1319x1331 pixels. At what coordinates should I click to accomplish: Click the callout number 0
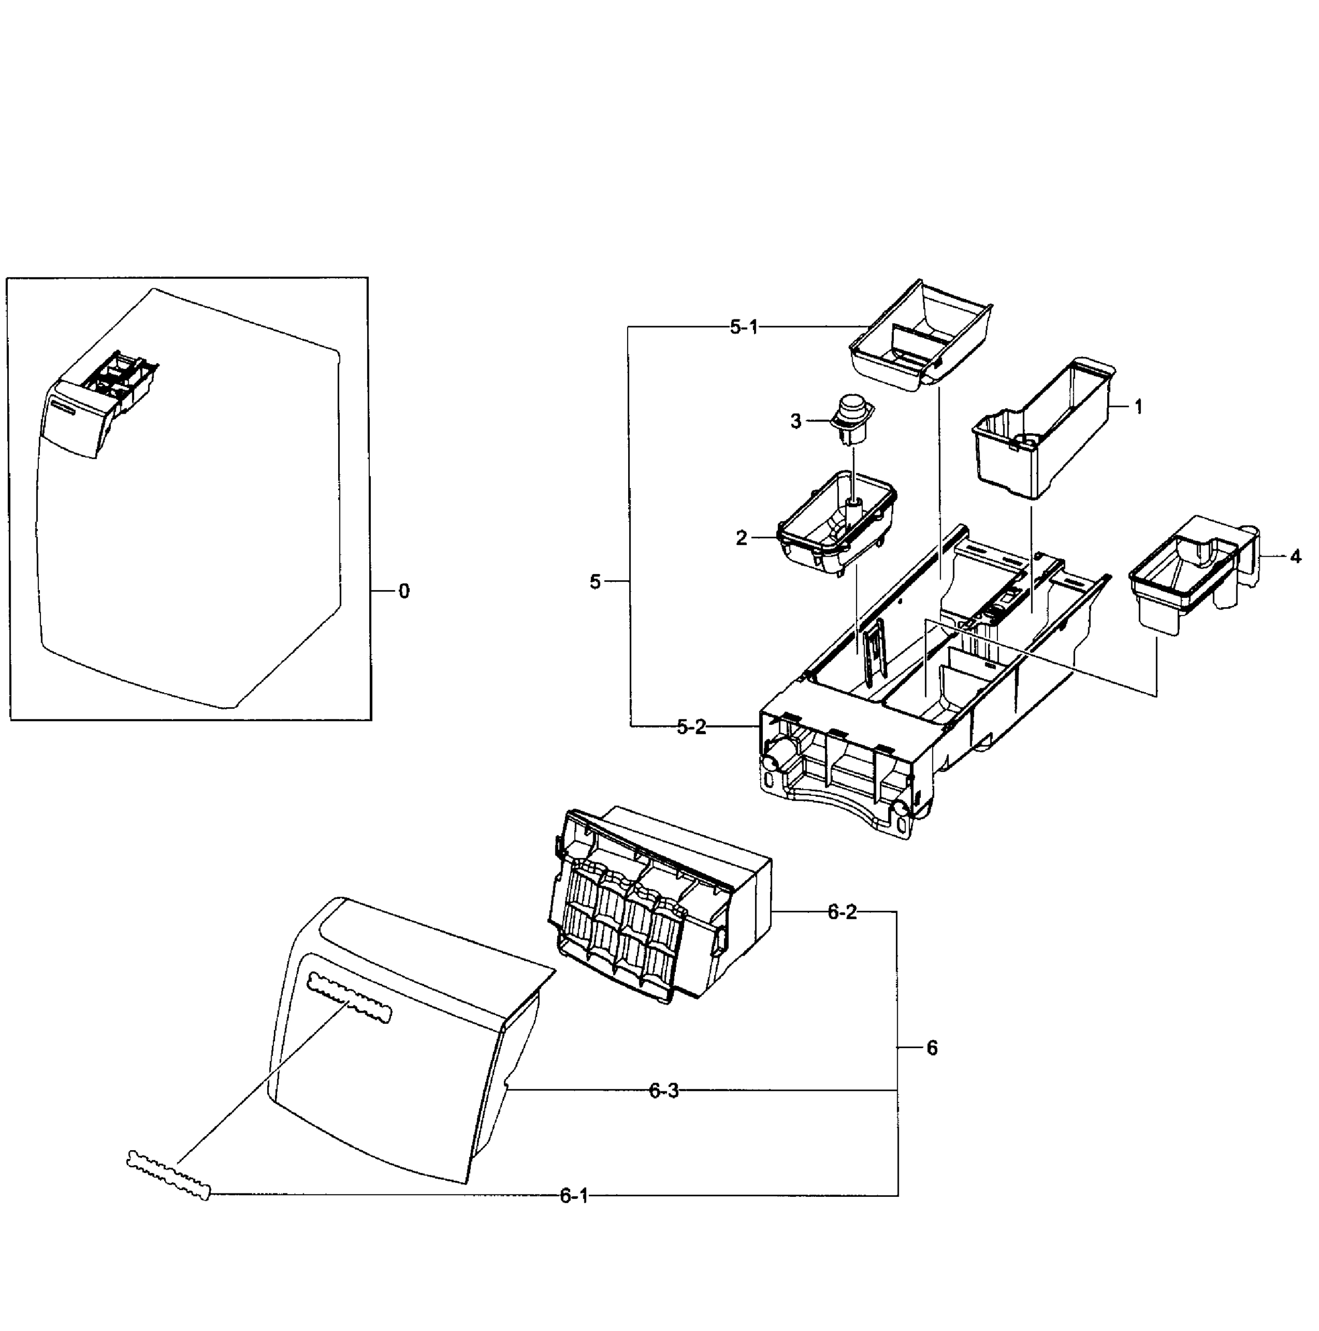pyautogui.click(x=404, y=591)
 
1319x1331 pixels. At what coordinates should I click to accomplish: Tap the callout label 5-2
pyautogui.click(x=691, y=727)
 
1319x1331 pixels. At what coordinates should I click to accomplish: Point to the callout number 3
pyautogui.click(x=796, y=421)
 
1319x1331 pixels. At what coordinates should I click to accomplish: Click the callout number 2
pyautogui.click(x=741, y=538)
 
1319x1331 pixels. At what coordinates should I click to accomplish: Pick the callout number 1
pyautogui.click(x=1138, y=407)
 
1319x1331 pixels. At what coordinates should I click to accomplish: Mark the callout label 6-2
pyautogui.click(x=842, y=912)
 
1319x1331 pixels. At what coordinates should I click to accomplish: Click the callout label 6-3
pyautogui.click(x=663, y=1090)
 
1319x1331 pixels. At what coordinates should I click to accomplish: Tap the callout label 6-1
pyautogui.click(x=573, y=1196)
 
